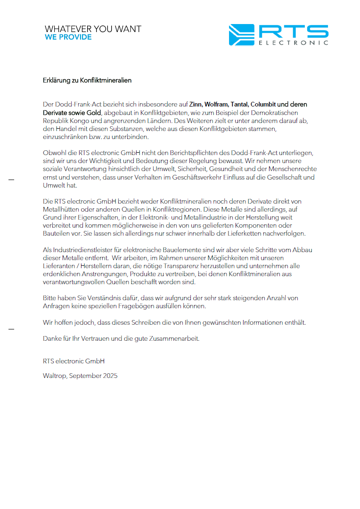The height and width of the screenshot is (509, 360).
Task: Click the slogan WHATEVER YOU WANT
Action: coord(93,29)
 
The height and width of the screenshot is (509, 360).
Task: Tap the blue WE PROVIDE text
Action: coord(68,37)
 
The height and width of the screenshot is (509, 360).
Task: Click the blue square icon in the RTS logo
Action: coord(241,35)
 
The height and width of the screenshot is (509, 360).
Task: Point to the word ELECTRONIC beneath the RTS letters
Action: coord(293,43)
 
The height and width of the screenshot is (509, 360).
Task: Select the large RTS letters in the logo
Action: coord(293,32)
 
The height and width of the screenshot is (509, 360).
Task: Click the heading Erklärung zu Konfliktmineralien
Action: coord(87,80)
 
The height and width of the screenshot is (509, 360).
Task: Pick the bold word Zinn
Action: coord(196,104)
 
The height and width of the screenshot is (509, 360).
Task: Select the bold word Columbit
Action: coord(263,104)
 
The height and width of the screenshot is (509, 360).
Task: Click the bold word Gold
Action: coord(94,113)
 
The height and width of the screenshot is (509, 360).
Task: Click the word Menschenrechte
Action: coord(293,169)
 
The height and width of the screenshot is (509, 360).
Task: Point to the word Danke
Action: coord(51,338)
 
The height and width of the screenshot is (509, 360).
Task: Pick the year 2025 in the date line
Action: coord(109,376)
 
